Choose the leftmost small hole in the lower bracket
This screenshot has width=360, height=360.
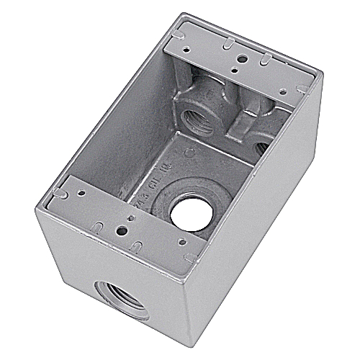click(x=80, y=192)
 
